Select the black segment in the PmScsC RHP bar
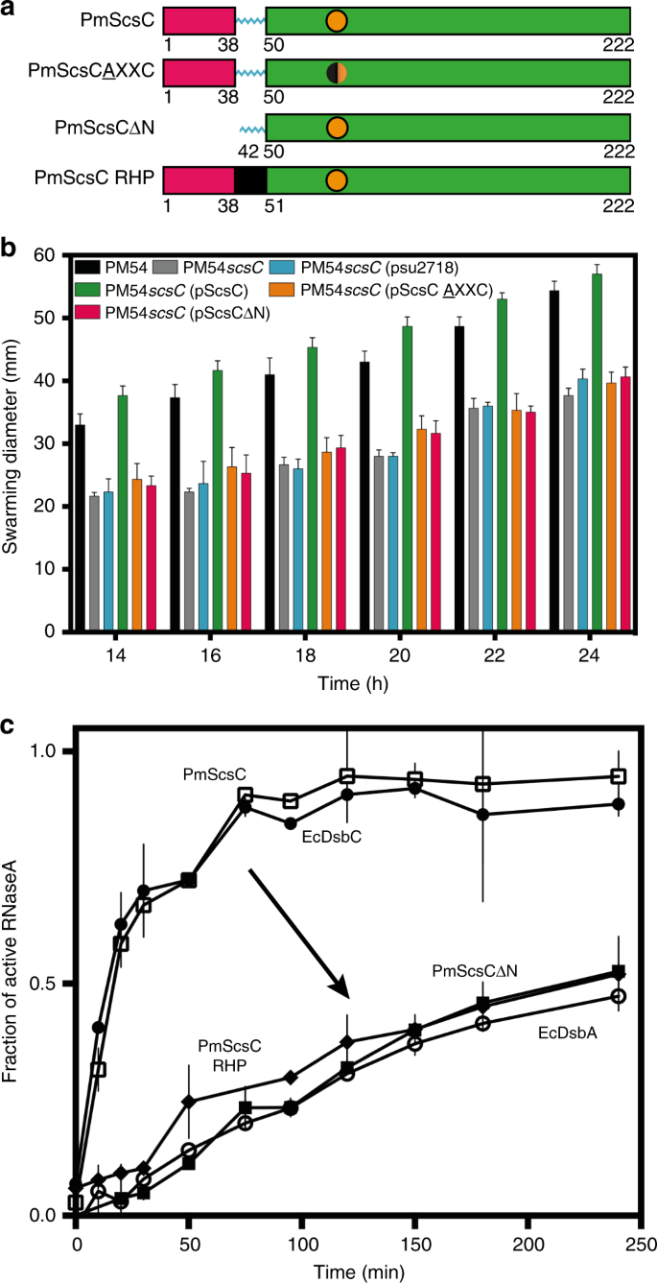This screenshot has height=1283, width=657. click(x=250, y=179)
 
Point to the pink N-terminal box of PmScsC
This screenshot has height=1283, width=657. click(x=199, y=20)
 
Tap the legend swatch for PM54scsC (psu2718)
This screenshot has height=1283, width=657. click(x=287, y=266)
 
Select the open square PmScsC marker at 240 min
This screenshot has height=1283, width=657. click(x=619, y=776)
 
